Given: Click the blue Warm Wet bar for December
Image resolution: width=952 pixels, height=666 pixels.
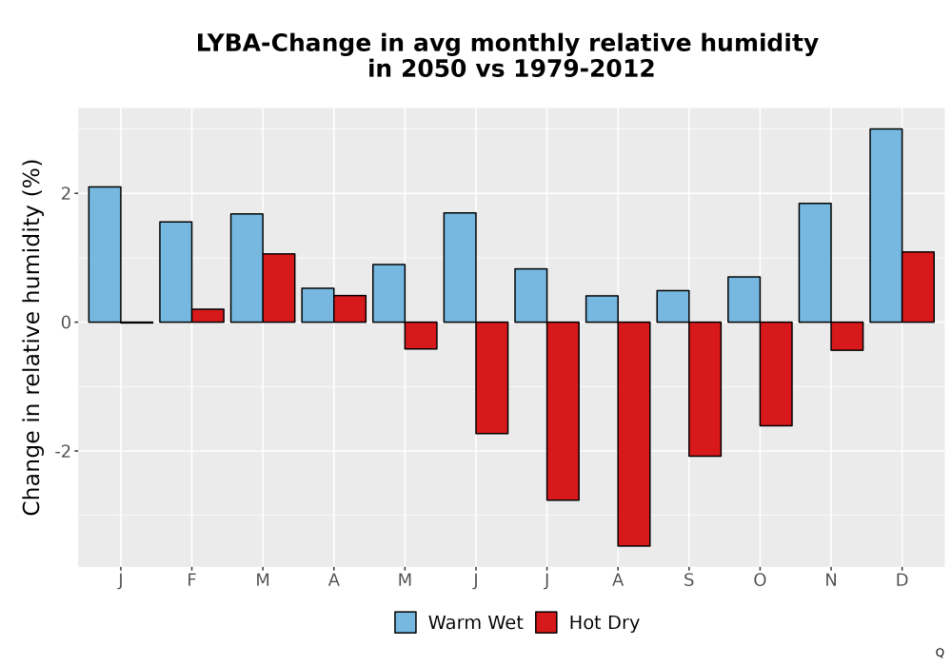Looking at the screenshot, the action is (x=885, y=225).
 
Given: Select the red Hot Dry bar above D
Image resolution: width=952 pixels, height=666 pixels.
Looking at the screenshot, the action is (x=918, y=287).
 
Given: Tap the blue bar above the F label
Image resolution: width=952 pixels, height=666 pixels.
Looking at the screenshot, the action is (x=175, y=272).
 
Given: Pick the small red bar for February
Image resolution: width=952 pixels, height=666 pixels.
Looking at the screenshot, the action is (x=208, y=316).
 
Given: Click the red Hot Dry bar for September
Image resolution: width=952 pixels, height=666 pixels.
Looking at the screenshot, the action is (x=704, y=389).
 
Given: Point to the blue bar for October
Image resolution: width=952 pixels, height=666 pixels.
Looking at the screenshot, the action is (x=744, y=300).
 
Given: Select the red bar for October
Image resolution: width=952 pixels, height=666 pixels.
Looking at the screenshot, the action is (x=776, y=374).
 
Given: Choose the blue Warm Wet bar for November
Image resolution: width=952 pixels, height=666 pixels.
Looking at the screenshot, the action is (x=815, y=263).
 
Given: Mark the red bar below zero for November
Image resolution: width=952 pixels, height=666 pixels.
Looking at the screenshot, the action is (x=847, y=336).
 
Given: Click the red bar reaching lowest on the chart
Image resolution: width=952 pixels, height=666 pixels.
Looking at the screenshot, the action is (x=634, y=434).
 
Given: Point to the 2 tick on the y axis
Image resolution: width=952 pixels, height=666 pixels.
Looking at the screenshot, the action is (x=67, y=193).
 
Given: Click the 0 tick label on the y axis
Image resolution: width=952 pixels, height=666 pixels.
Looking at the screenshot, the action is (x=67, y=323).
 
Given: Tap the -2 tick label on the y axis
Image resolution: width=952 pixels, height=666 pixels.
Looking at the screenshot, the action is (x=63, y=451).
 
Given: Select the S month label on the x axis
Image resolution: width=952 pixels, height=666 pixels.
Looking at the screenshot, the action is (x=688, y=580).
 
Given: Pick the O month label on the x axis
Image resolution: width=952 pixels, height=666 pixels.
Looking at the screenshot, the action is (x=760, y=580).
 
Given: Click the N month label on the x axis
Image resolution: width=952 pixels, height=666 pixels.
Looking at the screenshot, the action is (x=830, y=580).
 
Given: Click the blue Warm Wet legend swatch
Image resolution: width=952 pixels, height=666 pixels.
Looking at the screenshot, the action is (x=405, y=622).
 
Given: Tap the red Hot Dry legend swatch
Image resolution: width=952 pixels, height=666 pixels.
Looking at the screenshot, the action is (x=546, y=622).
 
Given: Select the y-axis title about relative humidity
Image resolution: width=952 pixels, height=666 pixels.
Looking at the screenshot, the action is (x=31, y=338).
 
